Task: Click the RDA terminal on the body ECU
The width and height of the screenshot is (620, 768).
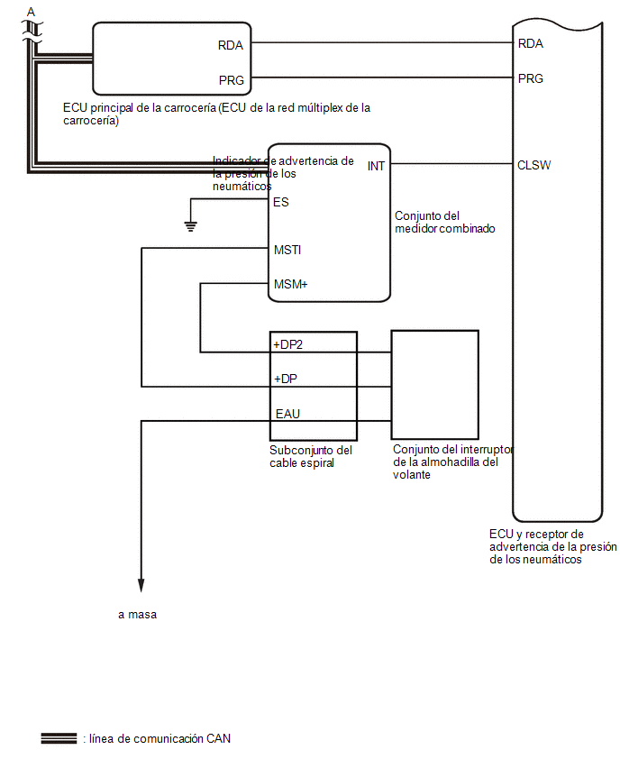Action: (x=230, y=46)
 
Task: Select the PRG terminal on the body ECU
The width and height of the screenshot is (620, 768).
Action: (x=232, y=80)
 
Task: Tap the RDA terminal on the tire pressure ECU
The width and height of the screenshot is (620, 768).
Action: (x=531, y=43)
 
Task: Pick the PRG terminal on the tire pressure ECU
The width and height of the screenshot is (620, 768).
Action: (x=531, y=78)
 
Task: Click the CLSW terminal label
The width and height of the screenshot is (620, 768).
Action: (x=533, y=165)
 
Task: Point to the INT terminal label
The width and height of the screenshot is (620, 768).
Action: (x=376, y=167)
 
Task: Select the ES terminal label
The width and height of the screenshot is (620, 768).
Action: (x=280, y=202)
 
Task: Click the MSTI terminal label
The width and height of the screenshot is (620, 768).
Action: (x=287, y=250)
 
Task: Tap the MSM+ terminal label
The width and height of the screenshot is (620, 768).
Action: (x=291, y=284)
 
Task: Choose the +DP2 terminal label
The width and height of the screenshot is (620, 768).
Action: (x=288, y=345)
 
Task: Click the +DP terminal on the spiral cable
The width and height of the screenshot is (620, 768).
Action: (x=286, y=379)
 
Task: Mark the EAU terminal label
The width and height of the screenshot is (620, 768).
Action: (x=287, y=414)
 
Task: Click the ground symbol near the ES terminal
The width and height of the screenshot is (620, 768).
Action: (x=190, y=227)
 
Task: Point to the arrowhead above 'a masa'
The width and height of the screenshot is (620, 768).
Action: (x=141, y=586)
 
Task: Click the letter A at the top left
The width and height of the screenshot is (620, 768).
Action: (x=31, y=12)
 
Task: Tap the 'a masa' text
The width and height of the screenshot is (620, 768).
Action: (x=138, y=615)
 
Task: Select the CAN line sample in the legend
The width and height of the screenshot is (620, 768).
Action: (x=59, y=738)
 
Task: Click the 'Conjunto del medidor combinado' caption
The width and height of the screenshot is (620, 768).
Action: (x=444, y=223)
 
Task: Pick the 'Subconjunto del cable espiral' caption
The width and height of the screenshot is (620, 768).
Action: (x=311, y=456)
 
